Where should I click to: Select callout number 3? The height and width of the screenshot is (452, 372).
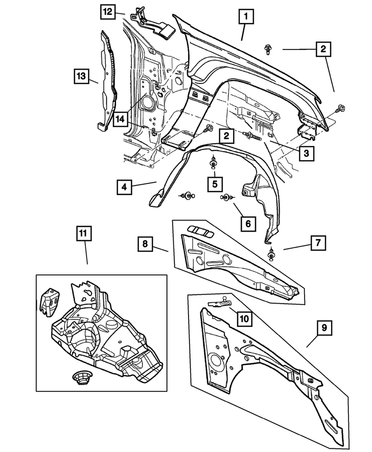[x=306, y=153]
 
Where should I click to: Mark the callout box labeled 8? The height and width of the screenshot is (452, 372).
[x=146, y=244]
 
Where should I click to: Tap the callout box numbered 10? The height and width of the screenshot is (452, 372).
[x=243, y=319]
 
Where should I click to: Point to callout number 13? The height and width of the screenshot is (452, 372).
[x=81, y=75]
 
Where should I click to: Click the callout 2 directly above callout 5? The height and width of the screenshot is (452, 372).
[x=226, y=137]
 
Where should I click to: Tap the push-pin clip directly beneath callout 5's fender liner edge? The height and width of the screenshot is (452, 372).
[x=213, y=163]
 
